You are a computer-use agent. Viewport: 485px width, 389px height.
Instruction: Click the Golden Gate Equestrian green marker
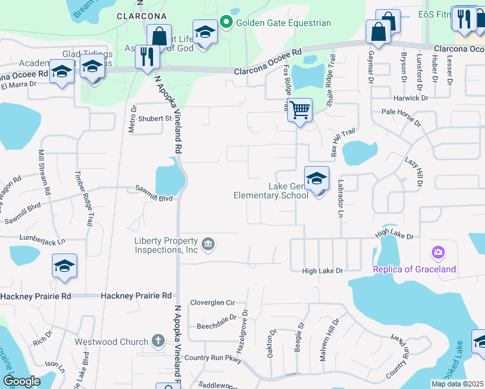[226, 23]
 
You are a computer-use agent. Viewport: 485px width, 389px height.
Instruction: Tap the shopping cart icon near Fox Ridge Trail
[300, 110]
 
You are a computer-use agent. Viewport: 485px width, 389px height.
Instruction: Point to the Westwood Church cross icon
[158, 340]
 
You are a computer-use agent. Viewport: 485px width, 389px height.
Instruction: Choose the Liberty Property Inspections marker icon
[207, 244]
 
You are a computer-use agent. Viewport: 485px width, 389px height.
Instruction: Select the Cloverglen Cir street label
[212, 303]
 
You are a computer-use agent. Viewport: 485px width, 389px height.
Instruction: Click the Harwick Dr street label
[412, 99]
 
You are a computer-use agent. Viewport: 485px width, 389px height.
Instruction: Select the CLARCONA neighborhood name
[141, 16]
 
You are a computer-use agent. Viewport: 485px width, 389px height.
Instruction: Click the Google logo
[21, 381]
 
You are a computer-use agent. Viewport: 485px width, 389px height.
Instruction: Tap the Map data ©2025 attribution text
[457, 384]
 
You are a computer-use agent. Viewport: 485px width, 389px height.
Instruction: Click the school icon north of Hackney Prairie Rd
[64, 266]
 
